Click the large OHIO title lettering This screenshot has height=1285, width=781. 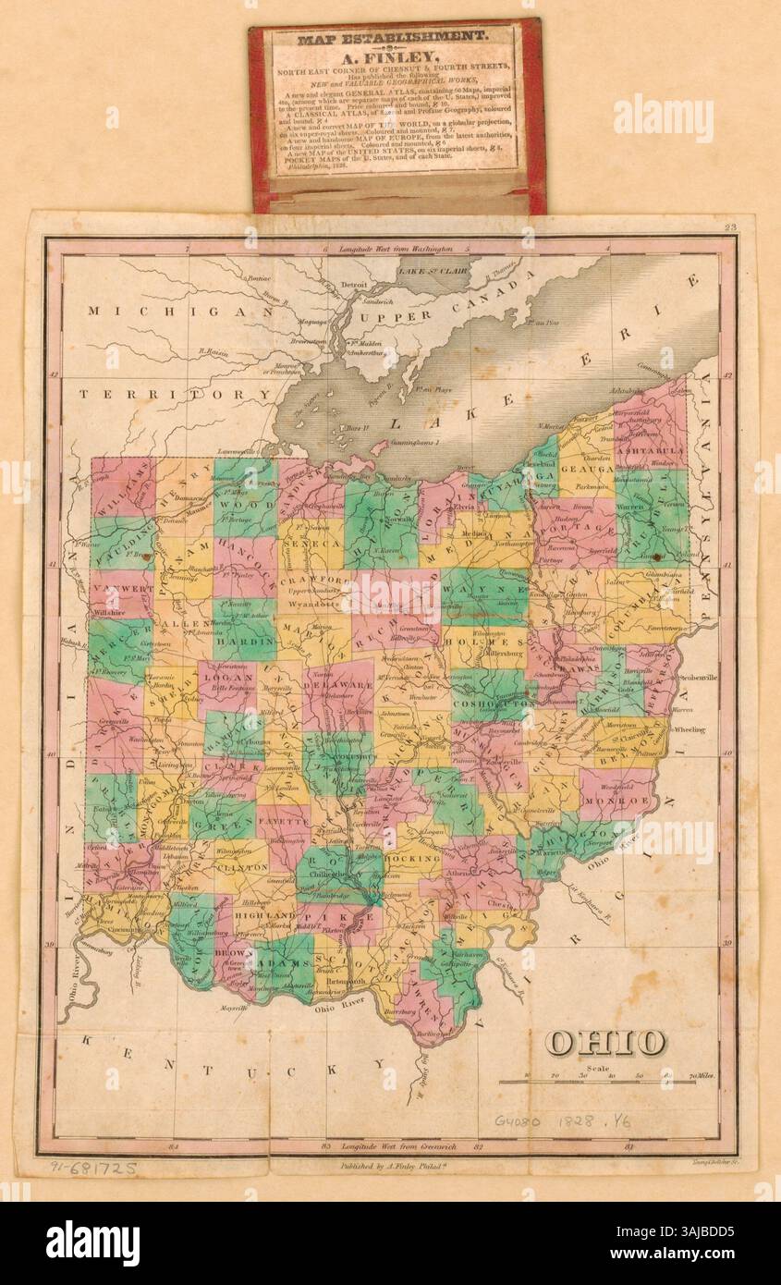point(604,1042)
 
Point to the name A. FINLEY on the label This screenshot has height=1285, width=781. point(396,58)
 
